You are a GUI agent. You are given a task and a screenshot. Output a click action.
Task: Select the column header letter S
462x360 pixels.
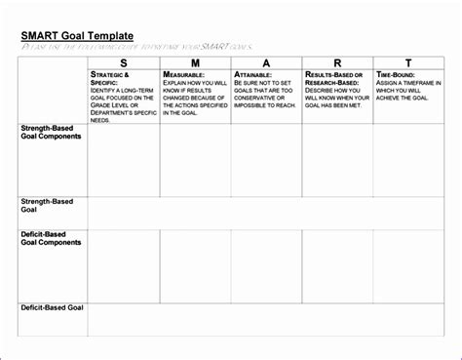(x=123, y=62)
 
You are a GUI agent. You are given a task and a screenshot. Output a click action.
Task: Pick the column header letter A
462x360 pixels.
(x=266, y=62)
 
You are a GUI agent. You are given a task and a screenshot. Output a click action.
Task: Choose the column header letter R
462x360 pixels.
(x=337, y=62)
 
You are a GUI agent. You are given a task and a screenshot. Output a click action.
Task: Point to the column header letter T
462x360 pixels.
(x=407, y=62)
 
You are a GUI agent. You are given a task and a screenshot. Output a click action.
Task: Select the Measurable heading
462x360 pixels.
(x=184, y=74)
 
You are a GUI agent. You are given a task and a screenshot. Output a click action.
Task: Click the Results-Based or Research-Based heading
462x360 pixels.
(x=333, y=78)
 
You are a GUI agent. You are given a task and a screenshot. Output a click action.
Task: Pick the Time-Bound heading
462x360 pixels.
(x=397, y=74)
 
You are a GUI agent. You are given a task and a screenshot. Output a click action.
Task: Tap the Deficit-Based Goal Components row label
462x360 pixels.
(x=51, y=238)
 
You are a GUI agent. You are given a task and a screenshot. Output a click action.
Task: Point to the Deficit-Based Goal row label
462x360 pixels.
(x=53, y=307)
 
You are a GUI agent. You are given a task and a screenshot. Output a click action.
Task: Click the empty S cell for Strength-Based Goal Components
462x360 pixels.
(x=123, y=160)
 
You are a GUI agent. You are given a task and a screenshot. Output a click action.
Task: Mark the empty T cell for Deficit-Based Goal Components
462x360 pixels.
(x=407, y=265)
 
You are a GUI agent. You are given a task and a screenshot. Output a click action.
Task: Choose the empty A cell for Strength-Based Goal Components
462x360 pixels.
(x=266, y=160)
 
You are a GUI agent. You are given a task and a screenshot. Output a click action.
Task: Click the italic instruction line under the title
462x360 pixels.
(x=136, y=45)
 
